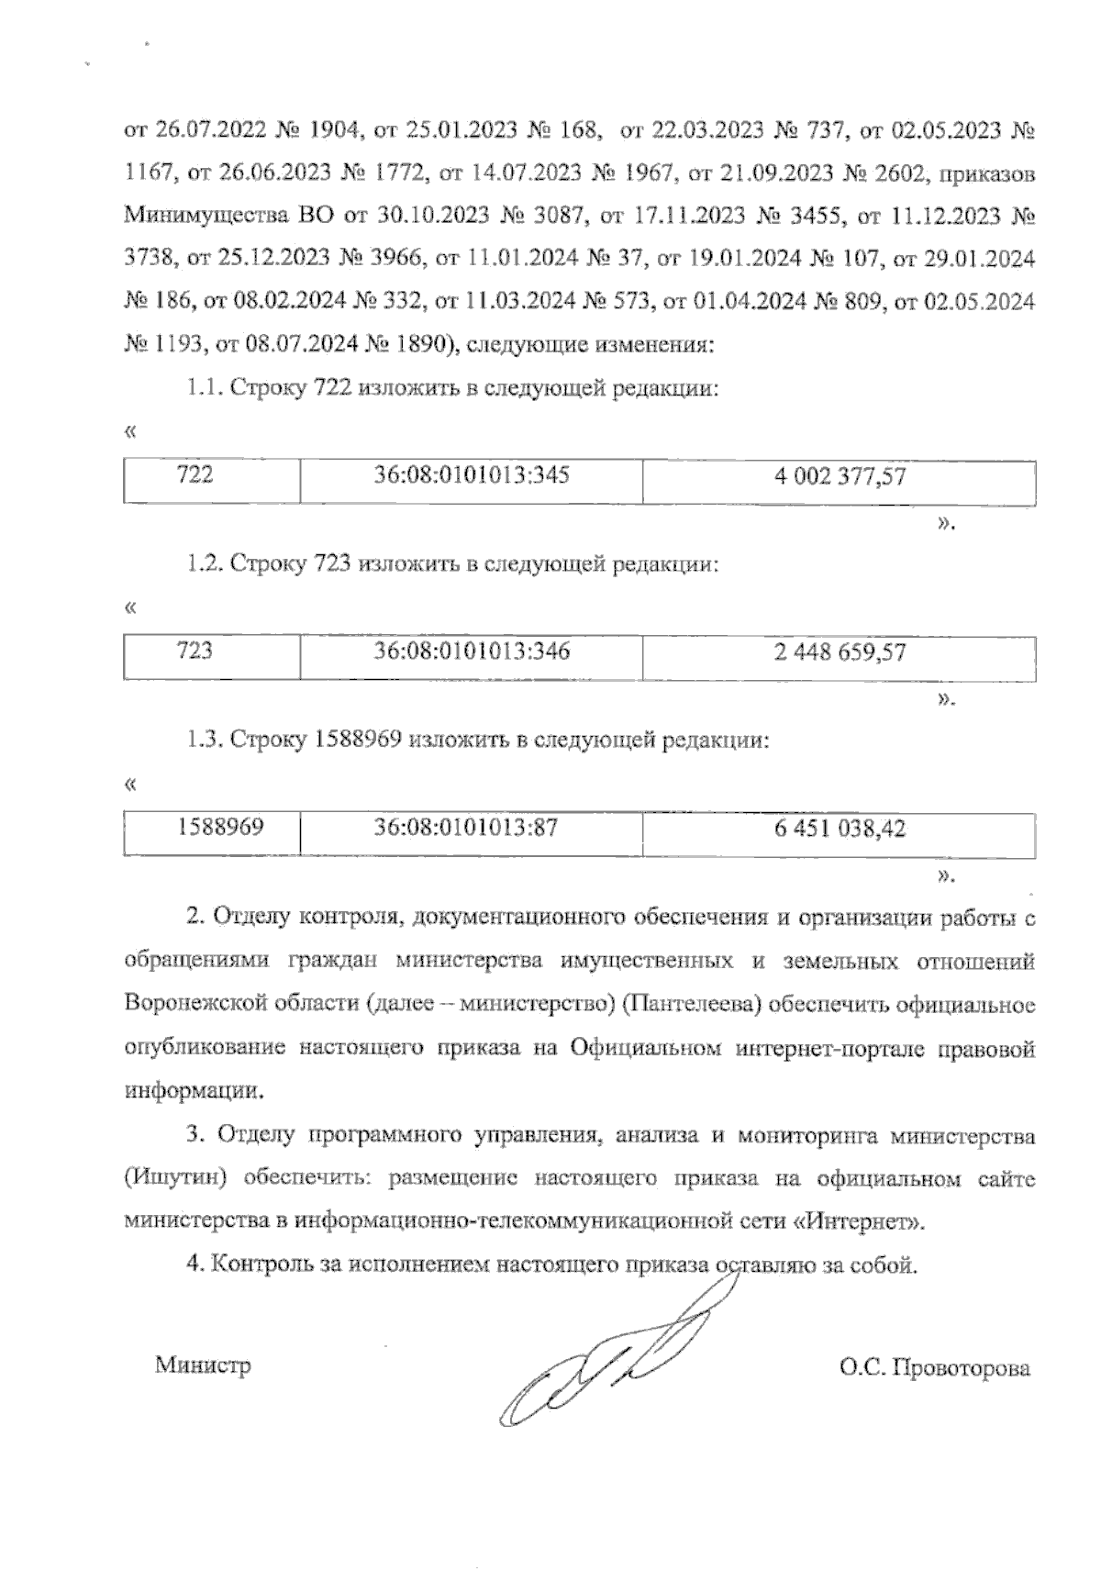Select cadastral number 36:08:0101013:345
tap(472, 475)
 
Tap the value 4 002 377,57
tap(840, 476)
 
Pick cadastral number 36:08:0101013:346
tap(472, 652)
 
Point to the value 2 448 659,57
tap(840, 652)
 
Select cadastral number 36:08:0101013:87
tap(466, 828)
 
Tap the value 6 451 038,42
tap(840, 829)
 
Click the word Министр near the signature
tap(203, 1365)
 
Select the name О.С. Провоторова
tap(934, 1368)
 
